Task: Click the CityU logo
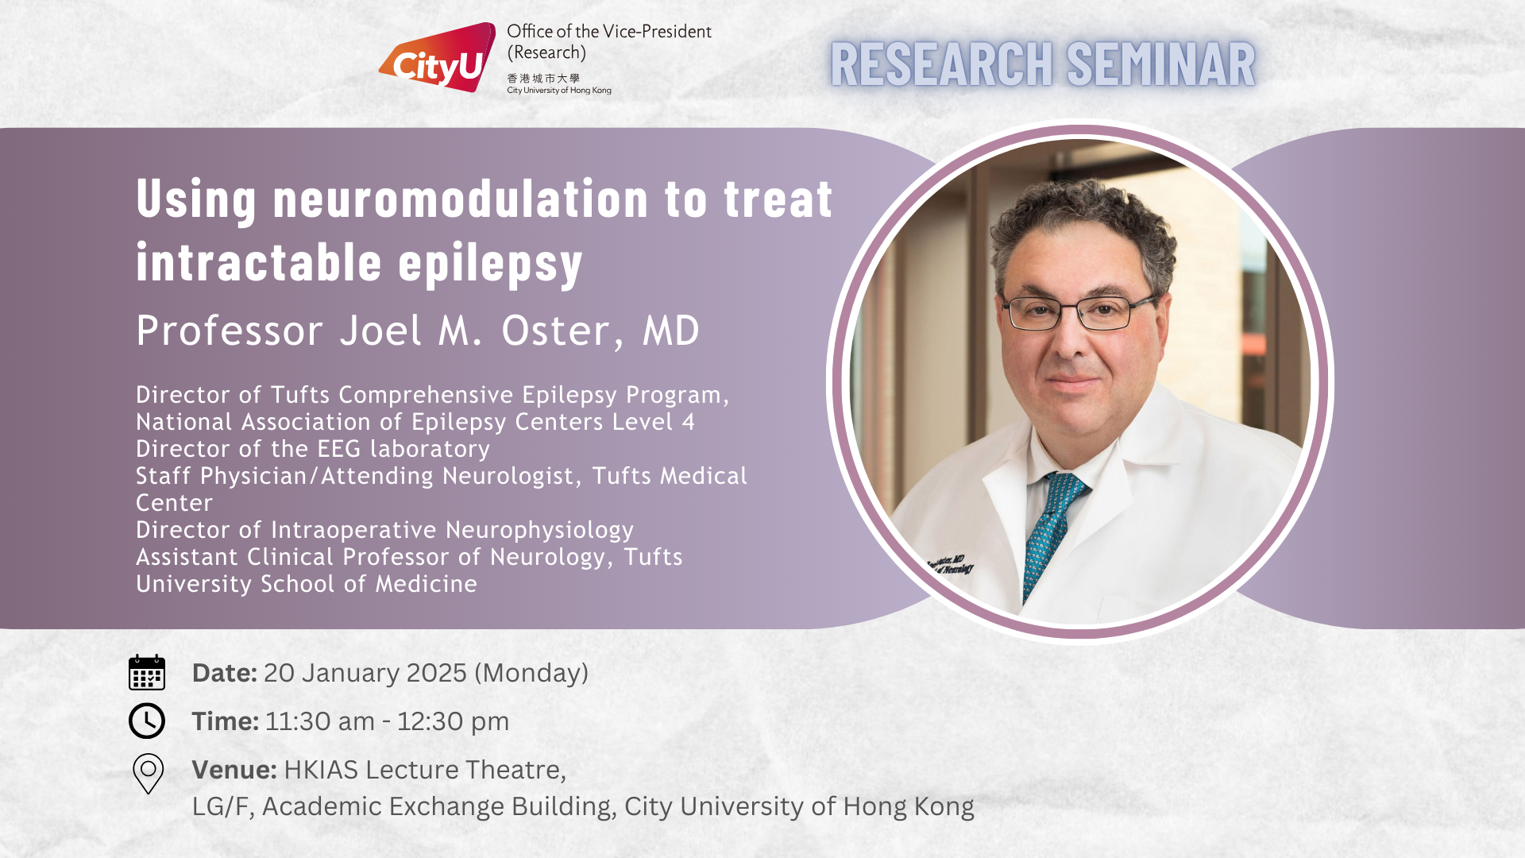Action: pyautogui.click(x=437, y=58)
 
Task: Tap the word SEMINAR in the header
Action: pyautogui.click(x=1160, y=64)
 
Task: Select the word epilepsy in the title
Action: pyautogui.click(x=491, y=264)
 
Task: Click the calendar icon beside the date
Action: pyautogui.click(x=147, y=672)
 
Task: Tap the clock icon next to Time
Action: pyautogui.click(x=147, y=721)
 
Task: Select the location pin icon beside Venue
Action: pyautogui.click(x=148, y=773)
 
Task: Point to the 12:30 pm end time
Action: pyautogui.click(x=453, y=721)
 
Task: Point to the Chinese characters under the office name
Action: pyautogui.click(x=543, y=79)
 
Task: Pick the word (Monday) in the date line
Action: pyautogui.click(x=531, y=674)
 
